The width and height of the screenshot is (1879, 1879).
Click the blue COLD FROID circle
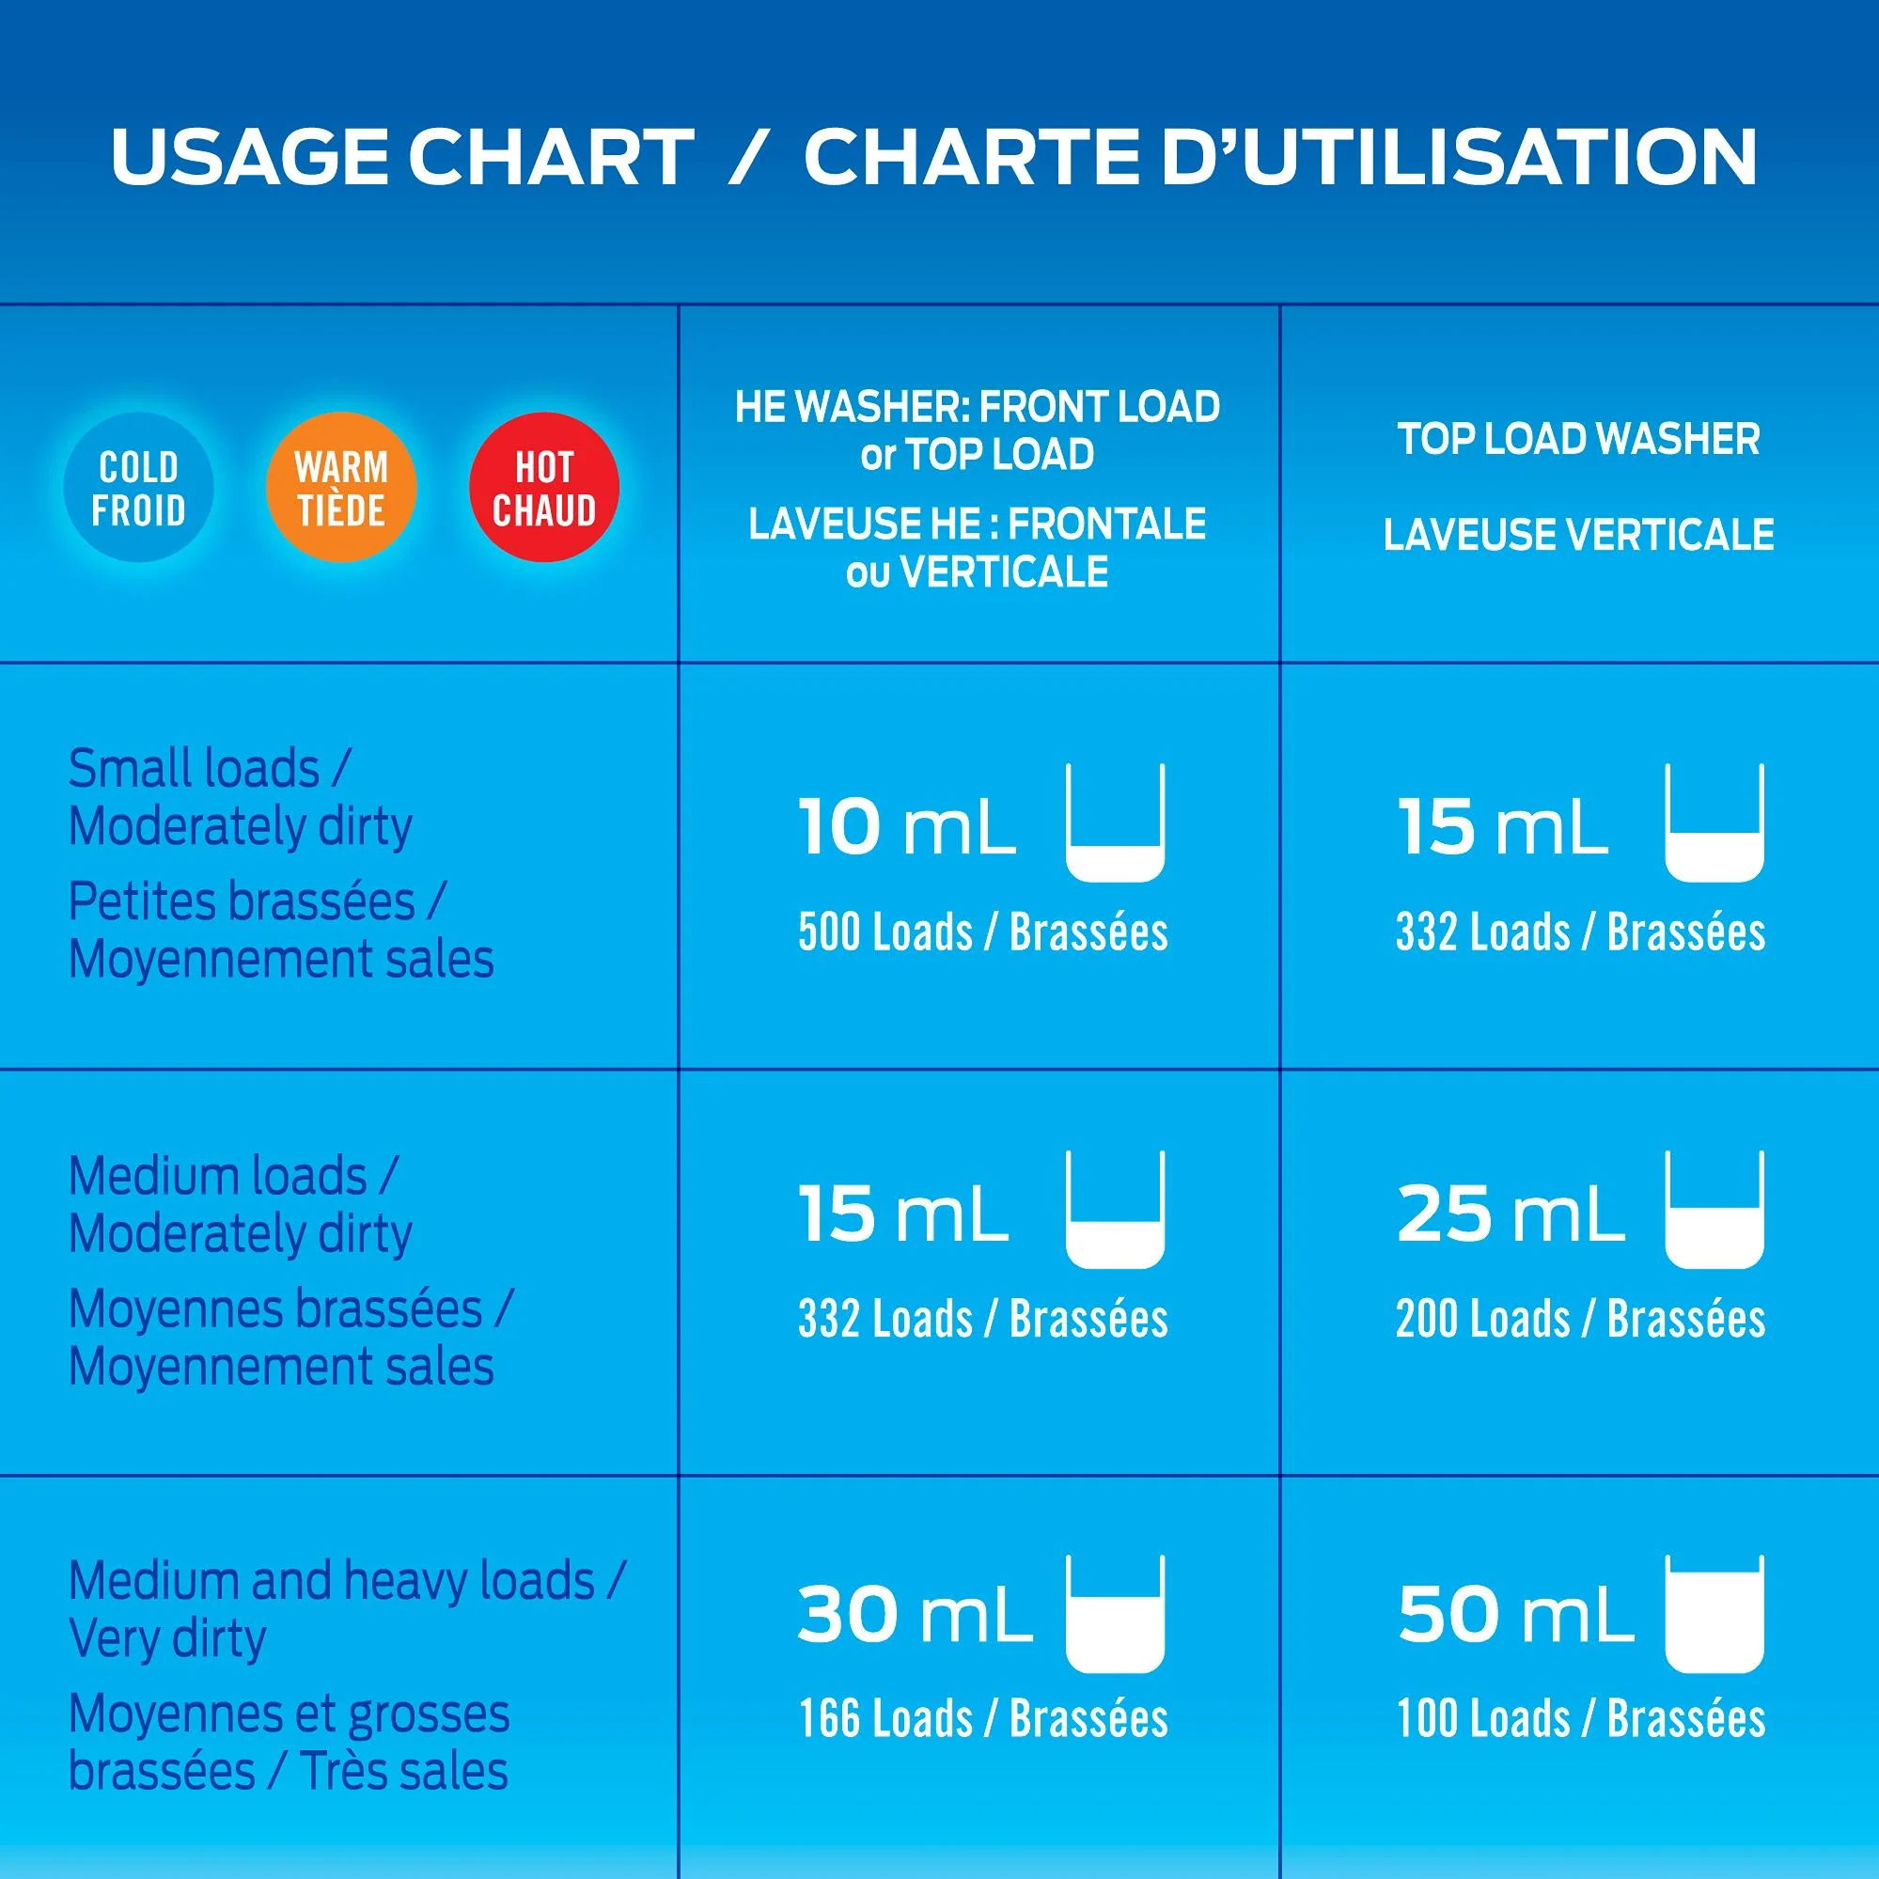[x=138, y=487]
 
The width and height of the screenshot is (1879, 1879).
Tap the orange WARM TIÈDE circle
[x=341, y=487]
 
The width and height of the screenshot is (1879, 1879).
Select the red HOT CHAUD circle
[x=543, y=487]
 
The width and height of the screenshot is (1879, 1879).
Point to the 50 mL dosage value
[x=1515, y=1616]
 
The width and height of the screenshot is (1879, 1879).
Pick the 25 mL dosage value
[x=1511, y=1214]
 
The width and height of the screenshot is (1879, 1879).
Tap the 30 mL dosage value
[x=915, y=1616]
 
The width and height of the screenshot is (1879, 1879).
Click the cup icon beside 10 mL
[x=1116, y=822]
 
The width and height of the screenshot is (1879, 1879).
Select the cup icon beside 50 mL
[x=1715, y=1614]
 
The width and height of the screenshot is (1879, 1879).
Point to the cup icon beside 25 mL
[x=1715, y=1210]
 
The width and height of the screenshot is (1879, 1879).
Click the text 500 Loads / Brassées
[x=983, y=932]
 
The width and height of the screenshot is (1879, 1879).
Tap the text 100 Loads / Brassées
[x=1581, y=1718]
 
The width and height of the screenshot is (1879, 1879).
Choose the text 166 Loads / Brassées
[x=983, y=1718]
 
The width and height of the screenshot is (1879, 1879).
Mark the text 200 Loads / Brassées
[x=1581, y=1319]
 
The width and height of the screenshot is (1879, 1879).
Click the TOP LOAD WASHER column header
[x=1579, y=440]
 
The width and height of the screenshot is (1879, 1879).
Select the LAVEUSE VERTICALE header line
[x=1579, y=535]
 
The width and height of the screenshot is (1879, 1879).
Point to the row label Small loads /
[x=209, y=768]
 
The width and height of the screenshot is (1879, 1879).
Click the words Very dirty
[x=167, y=1638]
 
